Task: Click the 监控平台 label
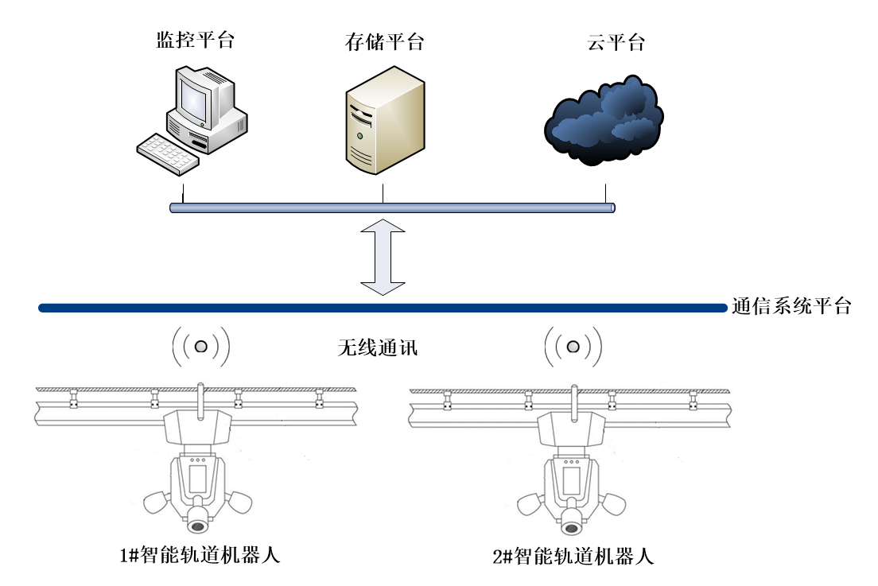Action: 195,41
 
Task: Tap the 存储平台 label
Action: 384,42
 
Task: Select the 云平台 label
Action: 616,42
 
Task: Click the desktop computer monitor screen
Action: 194,99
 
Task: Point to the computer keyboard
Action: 168,154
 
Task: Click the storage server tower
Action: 385,120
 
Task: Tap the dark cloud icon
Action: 604,121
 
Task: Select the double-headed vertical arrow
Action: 383,257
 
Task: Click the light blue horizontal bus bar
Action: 393,208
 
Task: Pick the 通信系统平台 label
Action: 791,306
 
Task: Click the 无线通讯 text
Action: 378,347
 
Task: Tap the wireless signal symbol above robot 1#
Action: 201,347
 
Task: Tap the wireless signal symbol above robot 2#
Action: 573,347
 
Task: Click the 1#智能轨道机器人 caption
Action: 200,555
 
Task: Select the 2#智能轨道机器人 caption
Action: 573,557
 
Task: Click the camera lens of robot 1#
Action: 198,526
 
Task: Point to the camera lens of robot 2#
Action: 571,528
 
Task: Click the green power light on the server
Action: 360,136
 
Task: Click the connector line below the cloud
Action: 606,194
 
